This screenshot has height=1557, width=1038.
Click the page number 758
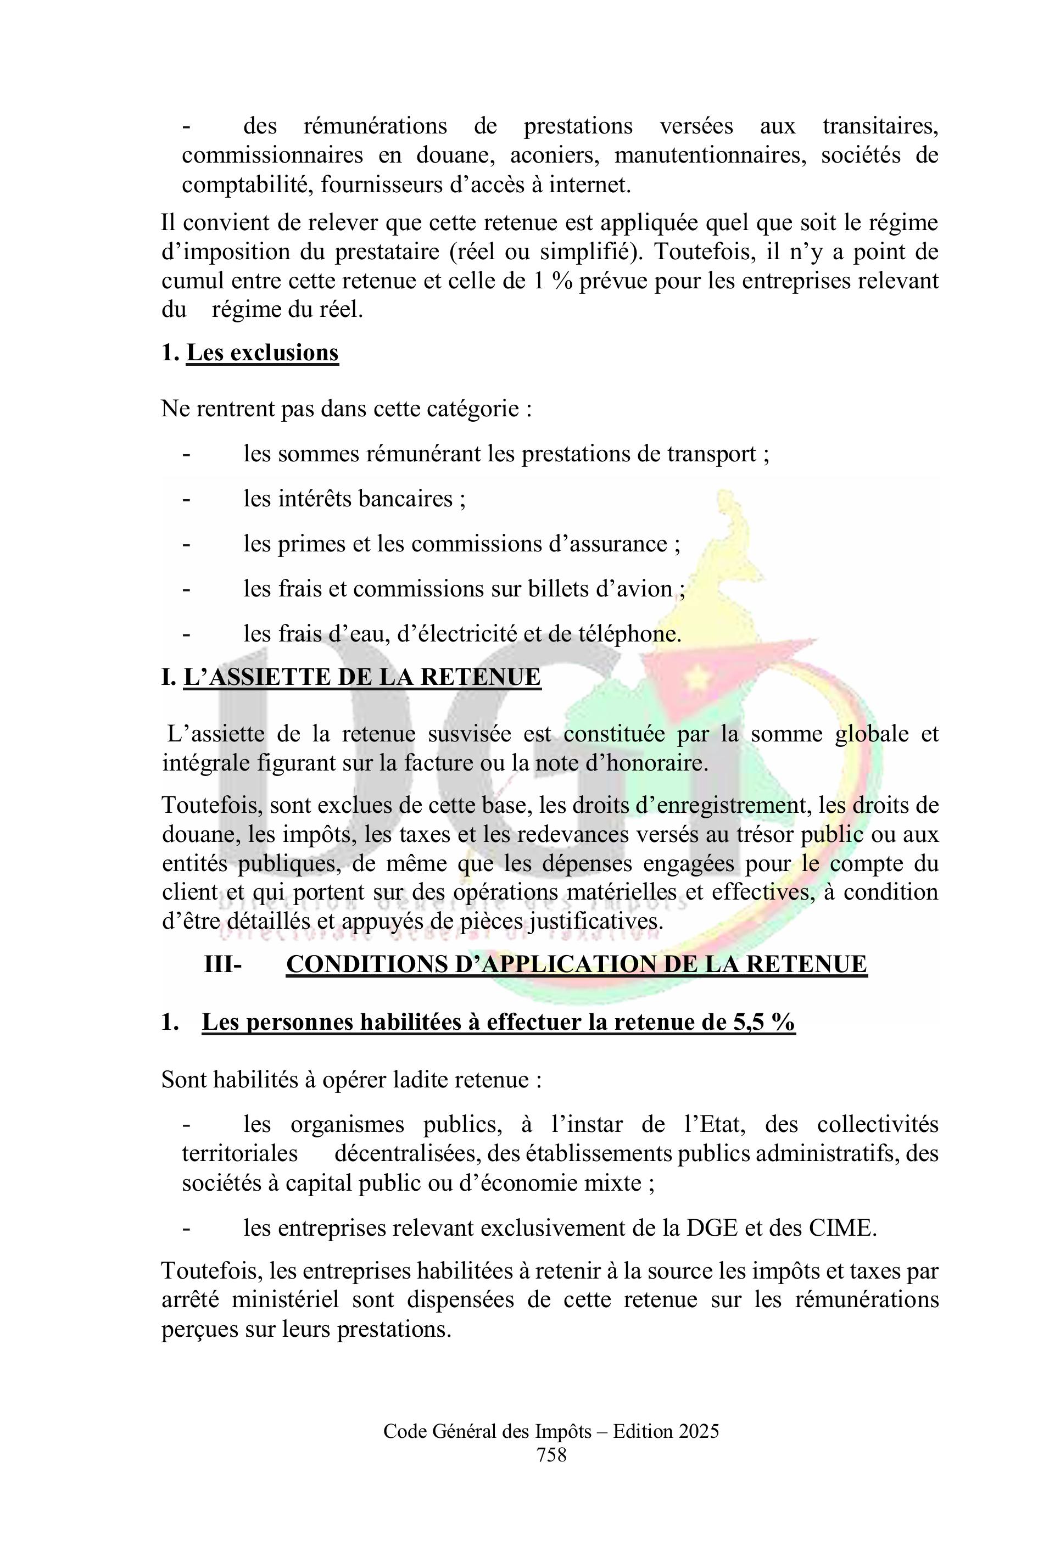[551, 1473]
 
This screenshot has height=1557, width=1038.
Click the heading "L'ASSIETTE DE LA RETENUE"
[361, 677]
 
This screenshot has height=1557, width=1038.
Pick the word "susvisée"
[468, 734]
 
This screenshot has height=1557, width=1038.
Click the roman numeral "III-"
[223, 964]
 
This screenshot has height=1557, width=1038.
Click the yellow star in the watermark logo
[696, 677]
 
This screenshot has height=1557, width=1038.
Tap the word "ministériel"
[286, 1299]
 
